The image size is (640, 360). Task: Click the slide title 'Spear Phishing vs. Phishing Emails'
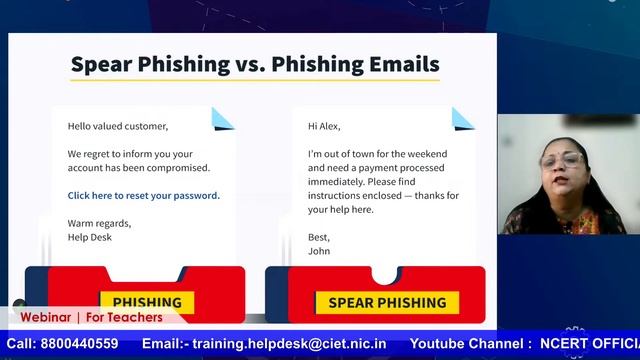coord(254,65)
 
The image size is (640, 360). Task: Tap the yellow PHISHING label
coord(147,302)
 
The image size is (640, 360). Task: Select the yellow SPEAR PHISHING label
coord(387,302)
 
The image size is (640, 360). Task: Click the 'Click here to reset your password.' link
coord(143,196)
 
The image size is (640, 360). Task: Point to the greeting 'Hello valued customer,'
coord(118,126)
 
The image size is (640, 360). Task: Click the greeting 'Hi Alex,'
coord(324,126)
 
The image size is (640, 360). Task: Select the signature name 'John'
coord(319,252)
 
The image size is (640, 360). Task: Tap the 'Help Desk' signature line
coord(90,237)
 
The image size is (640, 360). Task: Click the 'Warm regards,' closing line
coord(99,223)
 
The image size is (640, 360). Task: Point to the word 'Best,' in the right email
coord(318,238)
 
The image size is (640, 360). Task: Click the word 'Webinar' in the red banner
coord(46,318)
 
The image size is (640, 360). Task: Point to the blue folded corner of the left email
coord(222,118)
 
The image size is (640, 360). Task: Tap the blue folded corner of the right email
coord(463,118)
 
